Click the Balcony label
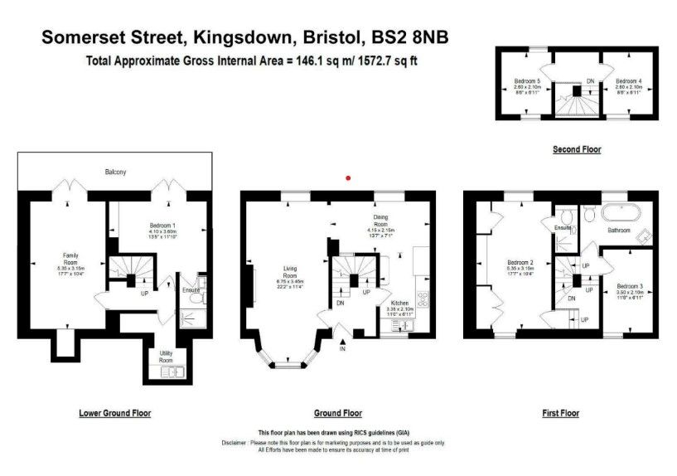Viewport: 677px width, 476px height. coord(115,172)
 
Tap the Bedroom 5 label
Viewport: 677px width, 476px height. coord(526,80)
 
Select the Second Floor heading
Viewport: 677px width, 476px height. coord(577,149)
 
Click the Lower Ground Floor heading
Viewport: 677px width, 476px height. coord(115,413)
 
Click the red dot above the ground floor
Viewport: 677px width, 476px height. coord(349,177)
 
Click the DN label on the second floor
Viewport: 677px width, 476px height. coord(590,80)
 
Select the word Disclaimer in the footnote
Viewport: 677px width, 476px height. coord(239,443)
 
